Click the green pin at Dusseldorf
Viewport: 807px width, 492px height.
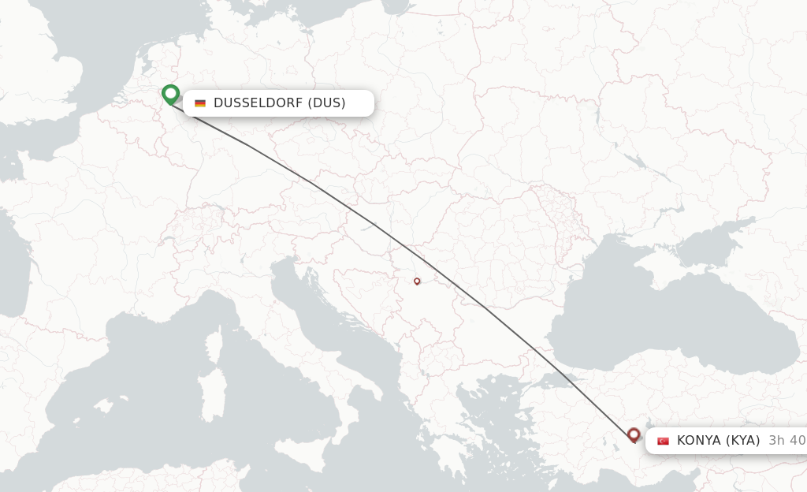point(170,94)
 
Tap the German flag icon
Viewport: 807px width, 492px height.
point(200,103)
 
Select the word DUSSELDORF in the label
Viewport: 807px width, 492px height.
point(258,103)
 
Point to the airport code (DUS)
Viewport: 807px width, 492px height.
point(326,103)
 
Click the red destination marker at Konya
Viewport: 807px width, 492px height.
point(634,434)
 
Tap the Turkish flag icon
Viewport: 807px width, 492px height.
point(663,441)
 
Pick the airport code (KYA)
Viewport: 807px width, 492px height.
point(742,441)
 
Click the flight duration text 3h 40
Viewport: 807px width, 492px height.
point(787,441)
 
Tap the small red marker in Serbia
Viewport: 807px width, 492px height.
point(417,281)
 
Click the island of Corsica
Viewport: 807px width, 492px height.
point(214,346)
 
